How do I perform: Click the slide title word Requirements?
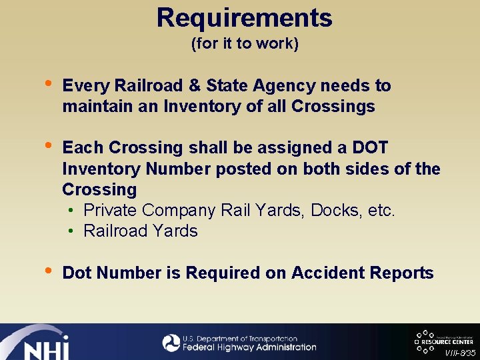[x=244, y=18]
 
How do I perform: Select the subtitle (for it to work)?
[x=245, y=44]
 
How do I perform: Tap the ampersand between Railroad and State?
[x=195, y=86]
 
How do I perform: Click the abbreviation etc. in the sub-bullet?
[x=381, y=211]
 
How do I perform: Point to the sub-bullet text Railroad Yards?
[x=141, y=231]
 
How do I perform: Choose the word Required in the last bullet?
[x=217, y=273]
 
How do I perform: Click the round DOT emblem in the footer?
[x=171, y=343]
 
